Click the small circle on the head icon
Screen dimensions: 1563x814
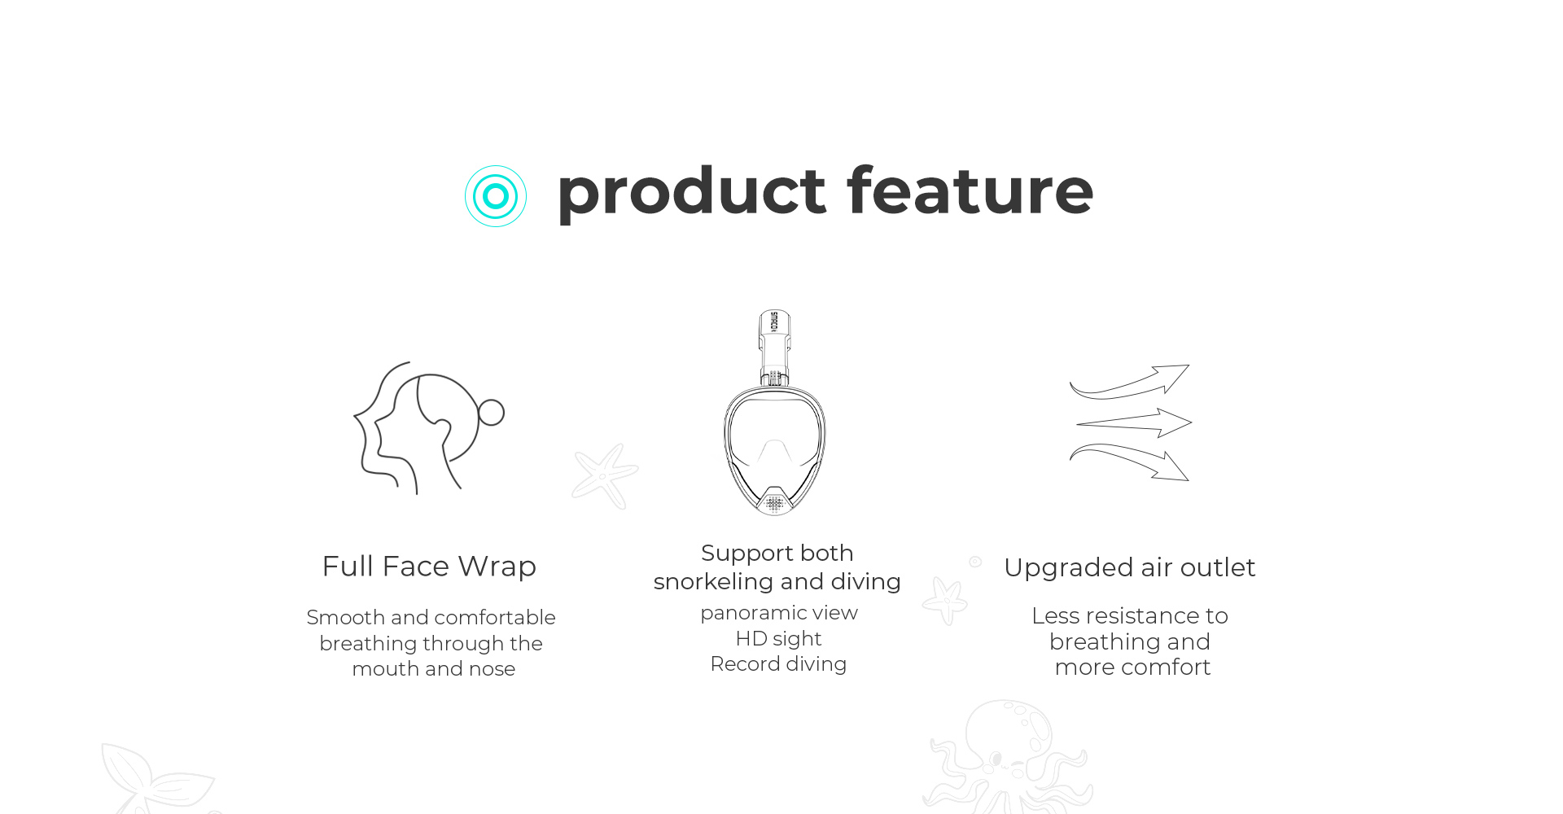(x=491, y=413)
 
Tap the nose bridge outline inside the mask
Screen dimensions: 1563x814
(x=774, y=444)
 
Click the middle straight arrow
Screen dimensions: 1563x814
(x=1134, y=423)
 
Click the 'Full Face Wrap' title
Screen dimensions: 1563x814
(x=429, y=566)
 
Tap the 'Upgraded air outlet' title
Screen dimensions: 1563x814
(x=1130, y=567)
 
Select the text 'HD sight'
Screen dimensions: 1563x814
(x=778, y=638)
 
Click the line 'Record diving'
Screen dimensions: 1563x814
(x=778, y=664)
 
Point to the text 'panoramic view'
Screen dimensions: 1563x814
(x=779, y=613)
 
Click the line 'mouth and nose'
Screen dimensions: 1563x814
(x=434, y=669)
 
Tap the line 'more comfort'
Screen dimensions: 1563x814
(x=1132, y=667)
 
